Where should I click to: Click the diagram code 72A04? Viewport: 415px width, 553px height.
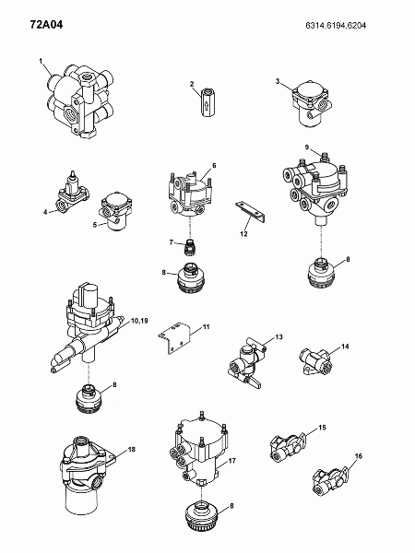point(46,25)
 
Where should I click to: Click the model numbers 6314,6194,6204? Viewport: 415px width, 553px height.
point(336,26)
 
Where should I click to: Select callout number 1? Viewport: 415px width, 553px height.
point(41,62)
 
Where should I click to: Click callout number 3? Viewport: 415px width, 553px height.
point(278,81)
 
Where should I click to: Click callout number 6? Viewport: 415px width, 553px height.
point(214,165)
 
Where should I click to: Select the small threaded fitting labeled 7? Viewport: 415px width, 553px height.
point(191,248)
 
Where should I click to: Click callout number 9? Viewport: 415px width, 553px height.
point(307,147)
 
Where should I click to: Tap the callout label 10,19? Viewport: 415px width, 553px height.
point(139,321)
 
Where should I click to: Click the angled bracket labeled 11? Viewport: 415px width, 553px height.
point(173,337)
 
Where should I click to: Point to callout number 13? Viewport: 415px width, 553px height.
point(279,336)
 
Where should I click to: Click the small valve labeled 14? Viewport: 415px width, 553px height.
point(315,361)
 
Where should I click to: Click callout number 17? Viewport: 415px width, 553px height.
point(232,461)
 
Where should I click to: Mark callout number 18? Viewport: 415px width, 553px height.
point(132,450)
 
